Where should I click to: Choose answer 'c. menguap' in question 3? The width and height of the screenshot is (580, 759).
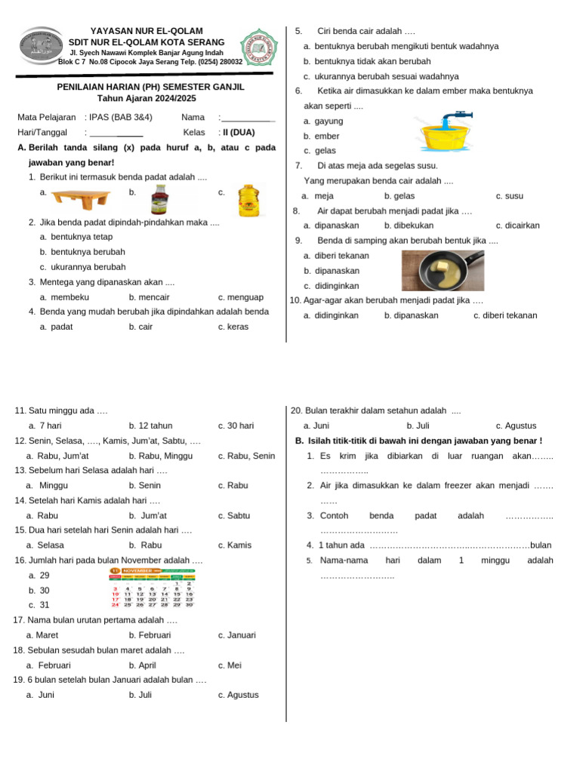pos(240,297)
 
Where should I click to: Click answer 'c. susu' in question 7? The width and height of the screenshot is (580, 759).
pos(509,196)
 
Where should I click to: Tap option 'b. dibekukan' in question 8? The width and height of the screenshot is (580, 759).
pos(409,226)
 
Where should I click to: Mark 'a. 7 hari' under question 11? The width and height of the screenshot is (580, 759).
pos(45,426)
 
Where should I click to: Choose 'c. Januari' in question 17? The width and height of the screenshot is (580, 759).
pos(237,635)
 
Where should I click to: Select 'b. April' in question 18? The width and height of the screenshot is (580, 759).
pos(143,665)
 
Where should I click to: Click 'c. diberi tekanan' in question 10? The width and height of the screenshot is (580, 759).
pos(504,315)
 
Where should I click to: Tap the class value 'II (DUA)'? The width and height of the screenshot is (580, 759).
pos(238,132)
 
